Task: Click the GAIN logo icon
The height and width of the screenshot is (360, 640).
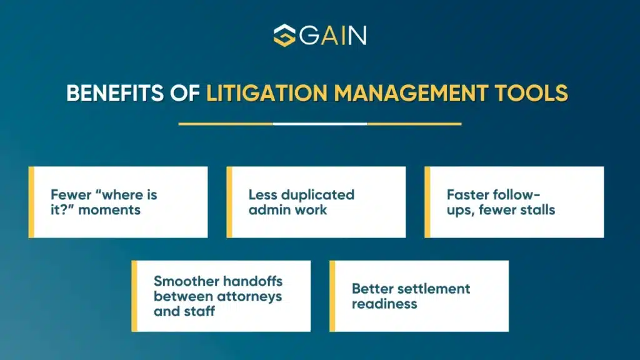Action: [x=284, y=35]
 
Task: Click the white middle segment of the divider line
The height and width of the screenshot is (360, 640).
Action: [x=320, y=124]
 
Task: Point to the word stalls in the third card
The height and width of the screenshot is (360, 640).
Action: [x=535, y=209]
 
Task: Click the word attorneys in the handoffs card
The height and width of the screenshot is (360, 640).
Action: [x=249, y=296]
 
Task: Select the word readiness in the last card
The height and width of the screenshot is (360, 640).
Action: [x=384, y=304]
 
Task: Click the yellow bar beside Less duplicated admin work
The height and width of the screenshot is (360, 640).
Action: [x=229, y=202]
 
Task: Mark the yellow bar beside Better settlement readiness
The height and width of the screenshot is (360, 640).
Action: [x=332, y=296]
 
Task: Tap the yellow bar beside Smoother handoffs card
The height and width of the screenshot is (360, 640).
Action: [x=134, y=296]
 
